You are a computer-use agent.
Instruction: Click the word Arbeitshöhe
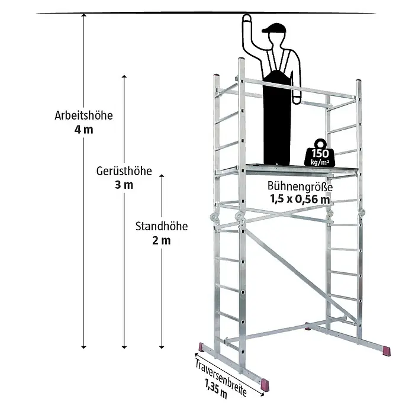click(83, 115)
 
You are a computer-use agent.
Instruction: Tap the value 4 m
click(83, 130)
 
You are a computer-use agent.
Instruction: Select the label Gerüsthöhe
click(124, 171)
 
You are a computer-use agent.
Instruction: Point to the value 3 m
click(124, 185)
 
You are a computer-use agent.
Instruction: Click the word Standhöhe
click(162, 226)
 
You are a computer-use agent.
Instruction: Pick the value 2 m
click(162, 240)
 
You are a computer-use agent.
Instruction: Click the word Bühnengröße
click(300, 186)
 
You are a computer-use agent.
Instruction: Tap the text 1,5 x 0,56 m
click(300, 199)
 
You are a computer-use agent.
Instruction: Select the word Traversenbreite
click(221, 376)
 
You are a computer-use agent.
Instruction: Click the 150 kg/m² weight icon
click(320, 153)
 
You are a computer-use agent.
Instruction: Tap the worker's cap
click(274, 28)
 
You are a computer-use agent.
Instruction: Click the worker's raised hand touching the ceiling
click(246, 19)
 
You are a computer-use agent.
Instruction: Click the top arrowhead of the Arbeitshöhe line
click(83, 15)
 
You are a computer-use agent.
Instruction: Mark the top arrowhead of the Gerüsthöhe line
click(124, 76)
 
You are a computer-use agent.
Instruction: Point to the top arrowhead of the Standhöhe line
click(162, 176)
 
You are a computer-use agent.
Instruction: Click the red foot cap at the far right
click(387, 351)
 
